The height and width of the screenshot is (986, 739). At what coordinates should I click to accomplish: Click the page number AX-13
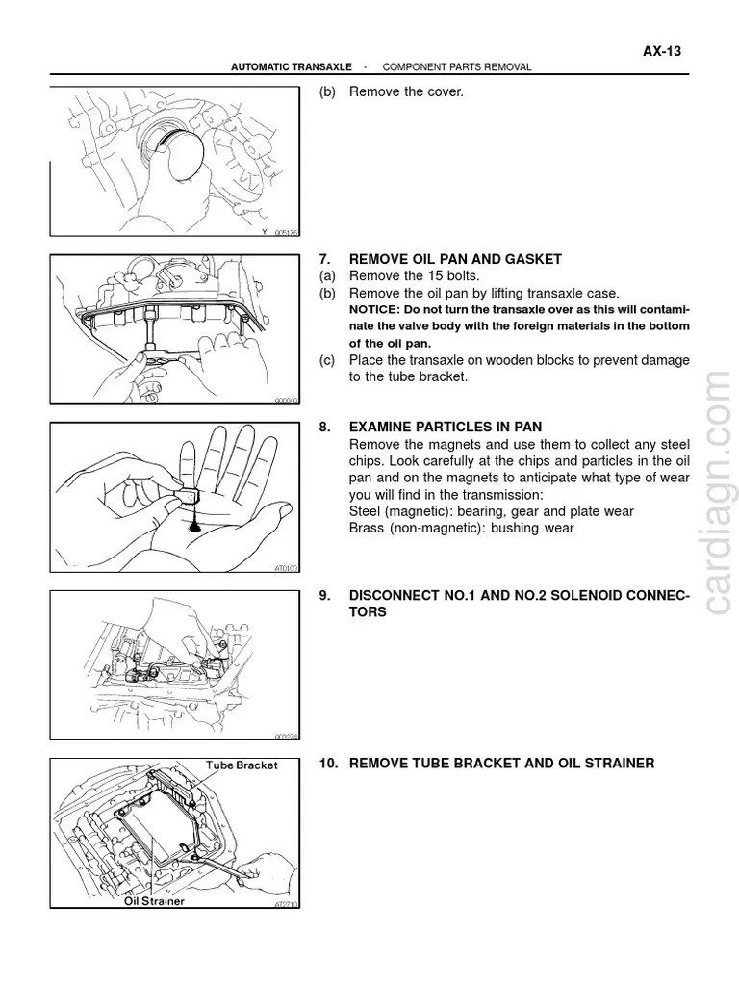[x=662, y=52]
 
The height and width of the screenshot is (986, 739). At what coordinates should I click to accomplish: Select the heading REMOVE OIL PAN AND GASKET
[x=454, y=259]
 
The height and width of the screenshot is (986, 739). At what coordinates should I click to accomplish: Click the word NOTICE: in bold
[x=374, y=309]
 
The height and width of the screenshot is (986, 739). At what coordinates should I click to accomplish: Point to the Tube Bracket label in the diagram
[x=242, y=765]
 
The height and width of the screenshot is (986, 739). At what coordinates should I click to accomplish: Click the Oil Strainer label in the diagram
[x=154, y=901]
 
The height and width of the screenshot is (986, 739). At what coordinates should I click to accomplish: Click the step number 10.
[x=328, y=764]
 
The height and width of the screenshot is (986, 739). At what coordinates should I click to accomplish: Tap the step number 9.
[x=325, y=596]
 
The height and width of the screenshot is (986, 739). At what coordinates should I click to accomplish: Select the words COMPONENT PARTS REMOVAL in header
[x=457, y=67]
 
